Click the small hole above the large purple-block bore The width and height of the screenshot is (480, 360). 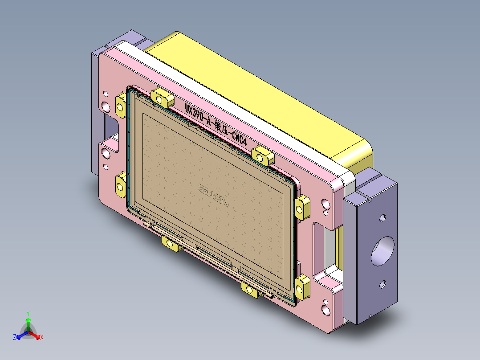point(382,219)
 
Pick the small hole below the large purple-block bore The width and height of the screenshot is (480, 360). point(382,283)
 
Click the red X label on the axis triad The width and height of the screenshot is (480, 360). point(41,338)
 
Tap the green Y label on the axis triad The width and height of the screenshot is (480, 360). point(28,313)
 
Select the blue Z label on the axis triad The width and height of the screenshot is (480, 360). point(15,337)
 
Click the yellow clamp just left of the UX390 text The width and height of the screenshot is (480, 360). point(163,96)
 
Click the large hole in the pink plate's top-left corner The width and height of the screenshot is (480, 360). point(106,107)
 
